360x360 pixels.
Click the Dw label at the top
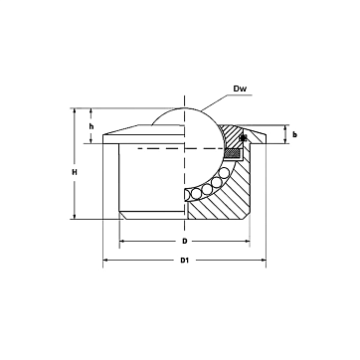241,89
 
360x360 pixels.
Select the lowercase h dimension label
91,126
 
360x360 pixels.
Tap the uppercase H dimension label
75,172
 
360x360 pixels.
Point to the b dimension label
294,134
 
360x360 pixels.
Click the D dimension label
185,241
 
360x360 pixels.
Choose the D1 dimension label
184,260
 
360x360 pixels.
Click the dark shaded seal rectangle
233,153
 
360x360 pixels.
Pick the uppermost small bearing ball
225,172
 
